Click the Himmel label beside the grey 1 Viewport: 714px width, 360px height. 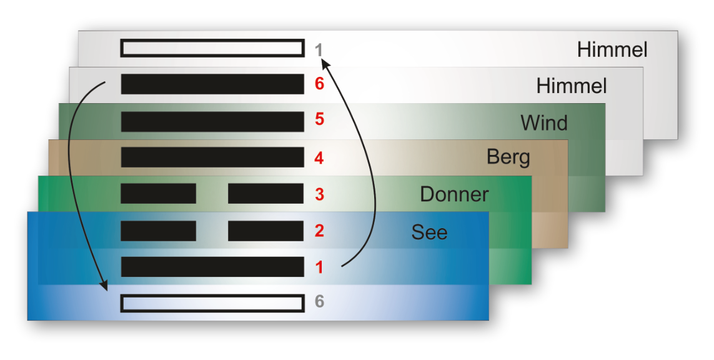pos(612,49)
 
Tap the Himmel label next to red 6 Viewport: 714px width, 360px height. pos(572,85)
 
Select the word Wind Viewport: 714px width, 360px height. pos(544,122)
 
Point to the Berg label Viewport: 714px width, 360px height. pos(508,157)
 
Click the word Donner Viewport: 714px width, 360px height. pos(454,194)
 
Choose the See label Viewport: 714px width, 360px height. pos(429,232)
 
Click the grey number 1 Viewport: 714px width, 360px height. pos(319,49)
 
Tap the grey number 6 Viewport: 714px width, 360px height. pos(319,302)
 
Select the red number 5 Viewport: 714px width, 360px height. pos(319,119)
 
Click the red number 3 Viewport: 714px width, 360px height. pos(319,194)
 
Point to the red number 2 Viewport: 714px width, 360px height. pos(319,231)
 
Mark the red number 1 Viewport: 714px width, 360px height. pos(319,267)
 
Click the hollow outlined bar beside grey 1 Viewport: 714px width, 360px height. pos(212,49)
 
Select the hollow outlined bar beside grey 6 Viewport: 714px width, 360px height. pos(212,303)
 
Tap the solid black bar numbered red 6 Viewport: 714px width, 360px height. pos(212,84)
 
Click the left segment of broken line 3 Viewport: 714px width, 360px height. pos(158,194)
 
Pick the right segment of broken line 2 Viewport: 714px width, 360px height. pos(265,231)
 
